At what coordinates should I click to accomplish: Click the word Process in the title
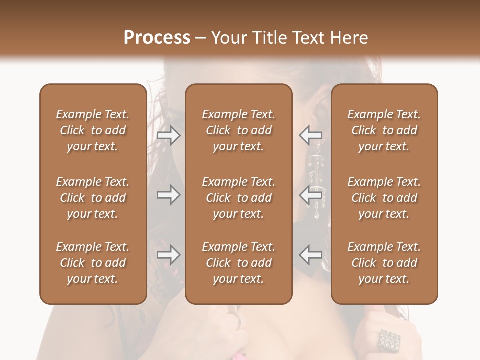(157, 38)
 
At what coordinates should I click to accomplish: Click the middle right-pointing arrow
(169, 195)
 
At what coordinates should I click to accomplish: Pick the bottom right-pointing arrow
(169, 255)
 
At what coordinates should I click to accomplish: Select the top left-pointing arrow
(310, 135)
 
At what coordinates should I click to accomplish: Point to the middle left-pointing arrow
(310, 195)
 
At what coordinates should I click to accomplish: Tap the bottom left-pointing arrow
(310, 255)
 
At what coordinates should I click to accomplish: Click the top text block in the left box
(93, 130)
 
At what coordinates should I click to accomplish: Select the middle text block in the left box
(93, 198)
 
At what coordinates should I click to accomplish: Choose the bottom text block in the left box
(93, 263)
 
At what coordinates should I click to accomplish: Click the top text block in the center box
(238, 130)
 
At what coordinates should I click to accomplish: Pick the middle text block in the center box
(238, 198)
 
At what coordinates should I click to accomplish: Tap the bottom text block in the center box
(238, 263)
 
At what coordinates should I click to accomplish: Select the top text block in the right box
(384, 130)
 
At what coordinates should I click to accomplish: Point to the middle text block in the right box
(384, 198)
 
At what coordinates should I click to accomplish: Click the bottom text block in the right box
(384, 263)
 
